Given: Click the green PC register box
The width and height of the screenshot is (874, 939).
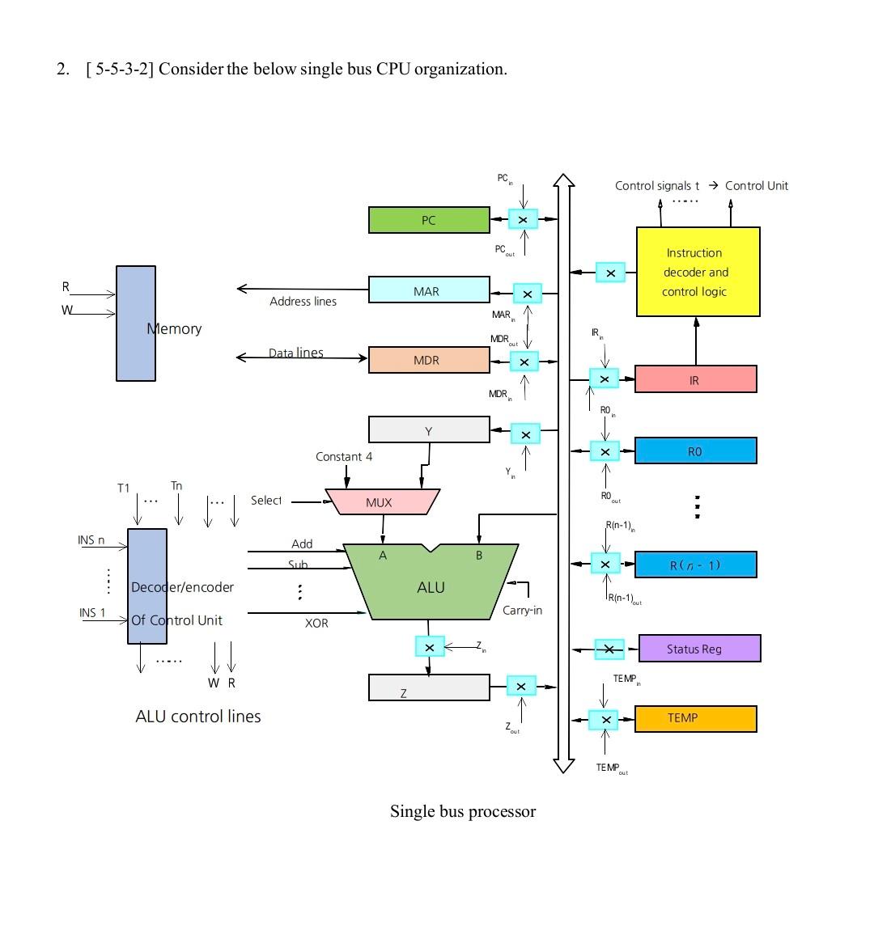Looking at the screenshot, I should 429,220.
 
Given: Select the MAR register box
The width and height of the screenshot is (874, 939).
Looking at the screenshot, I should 429,290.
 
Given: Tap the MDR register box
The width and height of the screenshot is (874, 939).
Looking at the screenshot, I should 429,360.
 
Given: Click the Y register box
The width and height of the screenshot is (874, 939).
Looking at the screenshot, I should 429,430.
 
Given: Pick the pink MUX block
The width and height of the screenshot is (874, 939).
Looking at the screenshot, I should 381,502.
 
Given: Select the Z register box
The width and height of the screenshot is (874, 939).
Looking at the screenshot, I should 429,688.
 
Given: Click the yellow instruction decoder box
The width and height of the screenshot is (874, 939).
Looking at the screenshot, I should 698,272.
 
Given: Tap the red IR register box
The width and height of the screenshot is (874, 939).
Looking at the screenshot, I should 695,379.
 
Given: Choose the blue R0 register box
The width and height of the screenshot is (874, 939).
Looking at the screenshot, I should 695,451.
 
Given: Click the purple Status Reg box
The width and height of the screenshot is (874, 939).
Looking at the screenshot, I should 699,649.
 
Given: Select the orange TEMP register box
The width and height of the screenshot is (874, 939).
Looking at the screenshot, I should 695,719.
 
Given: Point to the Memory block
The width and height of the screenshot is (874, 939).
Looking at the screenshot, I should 136,324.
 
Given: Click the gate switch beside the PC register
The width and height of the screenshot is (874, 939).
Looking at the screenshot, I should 523,219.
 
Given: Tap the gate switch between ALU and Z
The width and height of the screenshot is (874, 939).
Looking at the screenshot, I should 429,647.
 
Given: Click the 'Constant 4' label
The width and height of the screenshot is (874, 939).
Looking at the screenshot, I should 344,457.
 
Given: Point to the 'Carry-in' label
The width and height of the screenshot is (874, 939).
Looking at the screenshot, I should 522,611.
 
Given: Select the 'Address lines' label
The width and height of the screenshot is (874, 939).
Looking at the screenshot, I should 303,302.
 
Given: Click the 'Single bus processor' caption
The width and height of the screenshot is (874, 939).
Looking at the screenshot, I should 463,812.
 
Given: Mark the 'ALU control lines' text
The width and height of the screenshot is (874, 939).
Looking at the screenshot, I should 198,717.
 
